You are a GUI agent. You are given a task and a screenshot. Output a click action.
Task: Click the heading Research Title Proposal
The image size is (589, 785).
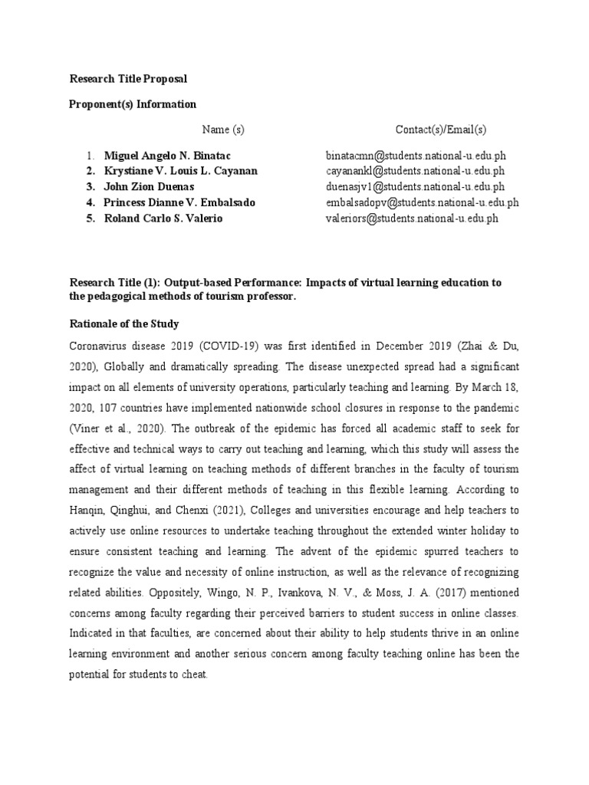click(x=128, y=79)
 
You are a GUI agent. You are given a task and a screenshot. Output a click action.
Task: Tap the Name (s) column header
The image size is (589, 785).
click(x=223, y=130)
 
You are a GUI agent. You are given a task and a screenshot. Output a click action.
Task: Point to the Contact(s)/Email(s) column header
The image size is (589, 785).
click(x=441, y=130)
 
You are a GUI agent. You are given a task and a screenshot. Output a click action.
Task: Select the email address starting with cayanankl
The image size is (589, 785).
click(x=415, y=171)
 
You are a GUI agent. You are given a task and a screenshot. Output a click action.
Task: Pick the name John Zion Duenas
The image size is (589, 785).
click(x=149, y=186)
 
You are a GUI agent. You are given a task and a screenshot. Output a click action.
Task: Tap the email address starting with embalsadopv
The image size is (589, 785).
click(x=423, y=202)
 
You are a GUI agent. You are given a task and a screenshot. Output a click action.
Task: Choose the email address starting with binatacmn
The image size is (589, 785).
click(x=416, y=156)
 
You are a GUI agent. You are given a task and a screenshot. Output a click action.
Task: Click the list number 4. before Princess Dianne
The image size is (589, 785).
click(x=90, y=202)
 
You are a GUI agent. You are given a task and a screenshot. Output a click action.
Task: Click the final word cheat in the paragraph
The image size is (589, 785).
click(x=204, y=674)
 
